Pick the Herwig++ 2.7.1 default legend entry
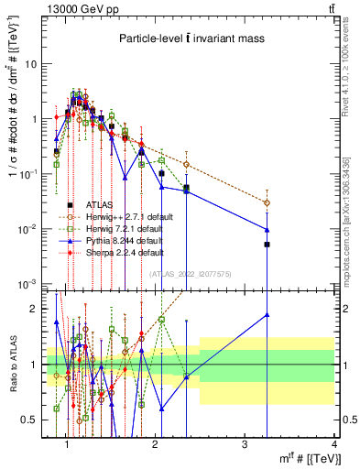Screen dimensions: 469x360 click(x=125, y=217)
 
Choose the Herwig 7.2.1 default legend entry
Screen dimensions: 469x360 click(x=123, y=228)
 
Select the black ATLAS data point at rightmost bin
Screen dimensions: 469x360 click(x=267, y=245)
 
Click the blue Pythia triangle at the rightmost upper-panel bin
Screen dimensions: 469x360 click(x=267, y=230)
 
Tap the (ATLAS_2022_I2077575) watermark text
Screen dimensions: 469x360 click(x=190, y=273)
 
